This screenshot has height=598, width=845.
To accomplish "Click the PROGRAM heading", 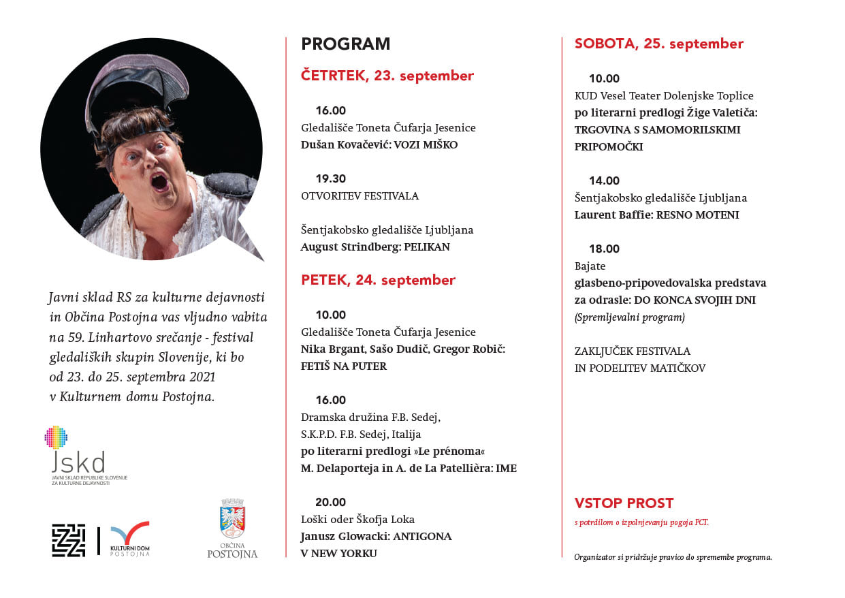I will click(346, 44).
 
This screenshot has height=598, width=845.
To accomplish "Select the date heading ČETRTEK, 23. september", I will click(387, 76).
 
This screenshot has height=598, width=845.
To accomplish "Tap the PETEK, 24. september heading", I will click(378, 280).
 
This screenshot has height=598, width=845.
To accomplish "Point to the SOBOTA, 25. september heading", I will click(658, 44).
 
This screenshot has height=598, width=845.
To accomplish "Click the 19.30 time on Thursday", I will click(330, 178).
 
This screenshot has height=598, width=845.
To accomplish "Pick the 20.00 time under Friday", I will click(330, 502).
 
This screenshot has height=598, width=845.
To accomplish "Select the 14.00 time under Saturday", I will click(604, 180).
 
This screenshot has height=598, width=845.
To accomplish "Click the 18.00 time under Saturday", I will click(604, 249).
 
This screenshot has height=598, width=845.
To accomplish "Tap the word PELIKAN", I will click(427, 247).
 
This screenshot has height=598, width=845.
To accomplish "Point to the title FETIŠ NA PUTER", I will click(343, 366).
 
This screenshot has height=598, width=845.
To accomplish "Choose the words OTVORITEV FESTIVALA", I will click(360, 195).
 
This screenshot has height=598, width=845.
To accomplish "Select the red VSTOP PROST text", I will click(624, 503).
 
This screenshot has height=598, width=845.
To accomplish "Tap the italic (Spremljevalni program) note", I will click(629, 317).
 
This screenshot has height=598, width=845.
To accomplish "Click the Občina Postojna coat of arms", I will click(232, 518).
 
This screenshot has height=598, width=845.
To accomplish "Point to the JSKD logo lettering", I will click(78, 462).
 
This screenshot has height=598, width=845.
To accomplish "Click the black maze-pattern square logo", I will click(69, 540).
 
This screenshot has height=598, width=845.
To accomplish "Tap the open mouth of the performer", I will click(159, 182).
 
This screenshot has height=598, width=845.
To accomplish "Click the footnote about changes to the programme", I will click(673, 556).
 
